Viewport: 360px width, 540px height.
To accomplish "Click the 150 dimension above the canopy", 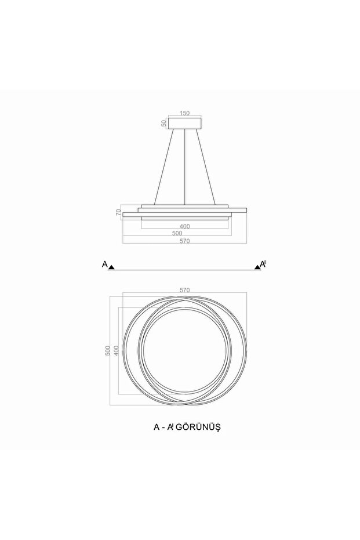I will click(x=184, y=114).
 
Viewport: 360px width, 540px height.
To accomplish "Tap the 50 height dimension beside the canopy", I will click(x=164, y=123).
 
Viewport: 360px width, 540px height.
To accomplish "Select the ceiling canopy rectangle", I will click(x=184, y=123).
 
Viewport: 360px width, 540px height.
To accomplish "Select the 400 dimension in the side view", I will click(x=184, y=226).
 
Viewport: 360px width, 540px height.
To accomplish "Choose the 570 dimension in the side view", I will click(x=184, y=241).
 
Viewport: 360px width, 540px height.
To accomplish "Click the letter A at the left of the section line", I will click(x=105, y=264).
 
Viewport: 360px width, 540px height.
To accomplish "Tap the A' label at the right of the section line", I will click(x=263, y=264).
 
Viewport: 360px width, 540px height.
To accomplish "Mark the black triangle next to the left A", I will click(x=112, y=267).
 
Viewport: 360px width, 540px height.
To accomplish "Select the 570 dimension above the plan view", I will click(x=184, y=289).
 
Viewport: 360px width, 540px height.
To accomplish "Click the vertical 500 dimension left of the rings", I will click(x=108, y=351).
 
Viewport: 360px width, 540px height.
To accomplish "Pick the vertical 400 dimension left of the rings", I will click(x=116, y=351).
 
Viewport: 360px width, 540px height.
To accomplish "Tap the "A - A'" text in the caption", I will click(x=163, y=426).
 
